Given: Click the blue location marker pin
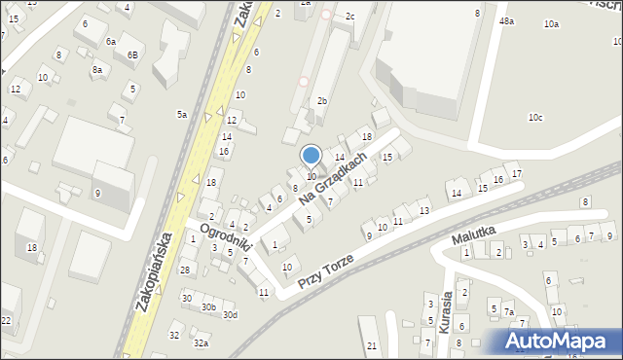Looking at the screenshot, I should click(311, 156).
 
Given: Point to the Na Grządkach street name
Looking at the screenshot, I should click(333, 178).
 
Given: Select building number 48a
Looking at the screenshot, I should click(506, 20).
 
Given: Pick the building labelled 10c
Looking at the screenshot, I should click(535, 118).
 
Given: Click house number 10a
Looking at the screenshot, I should click(552, 23).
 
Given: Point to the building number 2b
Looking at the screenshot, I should click(322, 101).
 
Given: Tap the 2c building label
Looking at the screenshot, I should click(350, 17).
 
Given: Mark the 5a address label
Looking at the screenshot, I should click(181, 114).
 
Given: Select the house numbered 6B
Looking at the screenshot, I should click(132, 54).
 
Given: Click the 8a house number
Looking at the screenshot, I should click(97, 70).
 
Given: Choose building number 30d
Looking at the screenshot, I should click(230, 314).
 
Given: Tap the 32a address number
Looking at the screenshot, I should click(201, 342).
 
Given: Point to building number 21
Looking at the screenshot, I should click(372, 346).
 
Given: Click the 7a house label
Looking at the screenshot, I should click(508, 311).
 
